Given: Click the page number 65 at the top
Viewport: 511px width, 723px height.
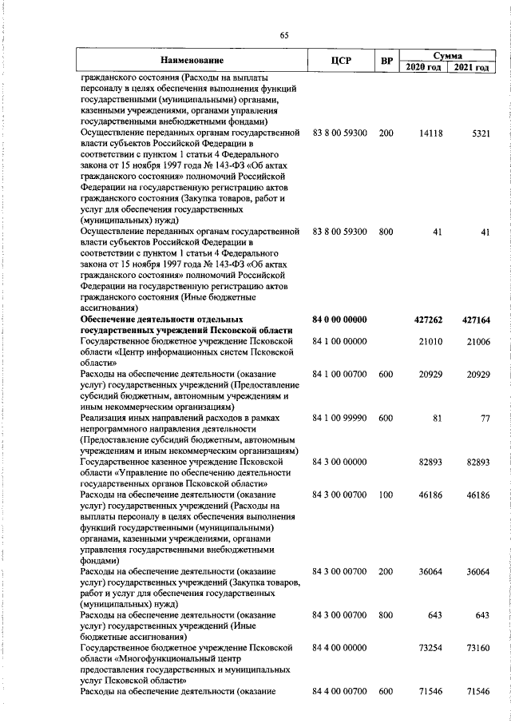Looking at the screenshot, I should pyautogui.click(x=283, y=34).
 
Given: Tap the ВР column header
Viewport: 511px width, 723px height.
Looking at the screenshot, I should pyautogui.click(x=386, y=61).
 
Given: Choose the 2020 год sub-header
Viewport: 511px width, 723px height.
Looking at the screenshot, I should pyautogui.click(x=422, y=67).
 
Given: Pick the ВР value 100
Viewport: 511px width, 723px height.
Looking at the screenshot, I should pyautogui.click(x=386, y=495).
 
